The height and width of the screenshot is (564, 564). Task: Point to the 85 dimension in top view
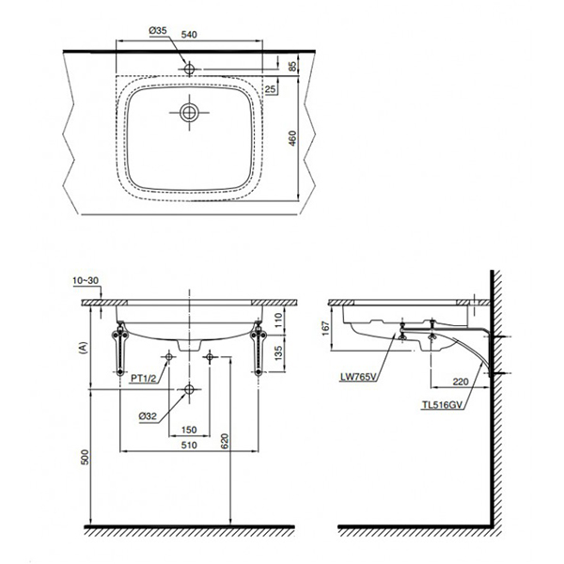[294, 66]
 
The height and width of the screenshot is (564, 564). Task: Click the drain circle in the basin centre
[189, 113]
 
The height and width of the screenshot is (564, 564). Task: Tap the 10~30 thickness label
[85, 280]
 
